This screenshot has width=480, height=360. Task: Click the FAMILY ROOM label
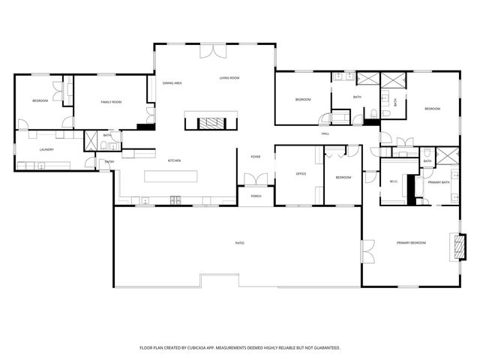point(111,101)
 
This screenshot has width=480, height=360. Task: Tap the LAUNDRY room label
point(46,149)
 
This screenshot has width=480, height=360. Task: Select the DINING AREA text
point(172,82)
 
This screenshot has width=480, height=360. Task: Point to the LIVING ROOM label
point(229,78)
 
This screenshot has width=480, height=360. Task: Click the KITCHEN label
point(174,160)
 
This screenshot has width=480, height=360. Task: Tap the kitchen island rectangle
point(172,176)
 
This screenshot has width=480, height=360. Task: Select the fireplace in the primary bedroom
point(456,246)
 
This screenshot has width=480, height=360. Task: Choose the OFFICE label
point(301,174)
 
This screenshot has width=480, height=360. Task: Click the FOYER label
point(255,157)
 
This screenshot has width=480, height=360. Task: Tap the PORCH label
point(256,196)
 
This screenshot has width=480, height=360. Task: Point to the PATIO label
point(240,243)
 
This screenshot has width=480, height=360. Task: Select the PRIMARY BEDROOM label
point(411,243)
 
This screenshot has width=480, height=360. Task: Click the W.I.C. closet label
point(393,181)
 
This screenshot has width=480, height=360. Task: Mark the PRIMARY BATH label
point(438,182)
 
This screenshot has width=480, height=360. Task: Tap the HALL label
point(325,133)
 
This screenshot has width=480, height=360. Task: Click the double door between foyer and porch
point(256,180)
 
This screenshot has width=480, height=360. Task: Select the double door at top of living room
point(212,51)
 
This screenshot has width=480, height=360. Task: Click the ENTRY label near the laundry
point(109,162)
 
